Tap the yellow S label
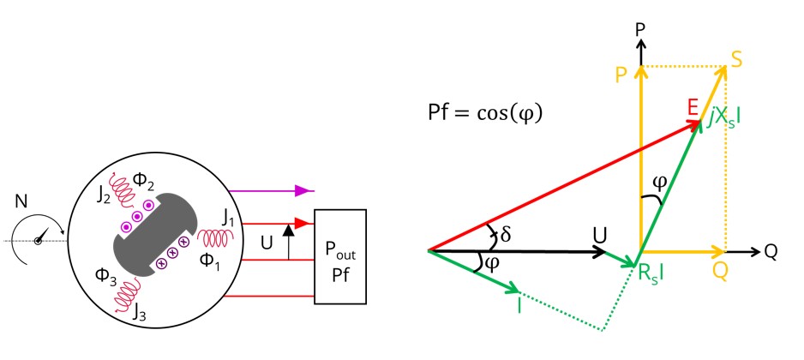(x=736, y=57)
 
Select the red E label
(x=693, y=107)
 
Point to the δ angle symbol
(x=506, y=232)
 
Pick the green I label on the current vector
(x=519, y=305)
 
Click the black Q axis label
(x=770, y=252)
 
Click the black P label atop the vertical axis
(x=639, y=29)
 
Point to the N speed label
(x=22, y=204)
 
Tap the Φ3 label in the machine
(x=107, y=276)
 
